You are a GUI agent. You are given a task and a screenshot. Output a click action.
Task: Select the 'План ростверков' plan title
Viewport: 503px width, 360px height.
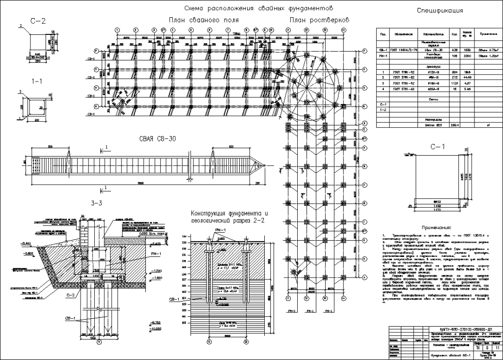319,20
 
